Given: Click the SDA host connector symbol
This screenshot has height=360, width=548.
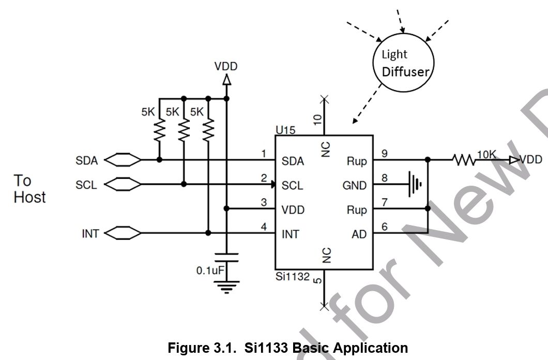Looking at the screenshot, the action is pos(123,160).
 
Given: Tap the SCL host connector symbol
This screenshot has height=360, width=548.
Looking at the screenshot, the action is pos(123,184).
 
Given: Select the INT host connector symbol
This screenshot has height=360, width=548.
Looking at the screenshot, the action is pos(123,233).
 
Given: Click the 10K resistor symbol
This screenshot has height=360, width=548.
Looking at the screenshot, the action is pos(464,160).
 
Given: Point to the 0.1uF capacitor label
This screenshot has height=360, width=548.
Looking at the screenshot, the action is pos(210,270).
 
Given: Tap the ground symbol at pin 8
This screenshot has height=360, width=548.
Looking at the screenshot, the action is pos(415,184).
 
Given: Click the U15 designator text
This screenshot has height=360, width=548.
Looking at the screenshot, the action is pos(285,130).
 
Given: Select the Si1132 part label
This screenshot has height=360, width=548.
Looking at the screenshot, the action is pos(293,277).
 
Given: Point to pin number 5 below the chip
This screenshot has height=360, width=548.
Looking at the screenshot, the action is pos(317,280).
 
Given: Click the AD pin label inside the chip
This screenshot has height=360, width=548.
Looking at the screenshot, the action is pos(359,234).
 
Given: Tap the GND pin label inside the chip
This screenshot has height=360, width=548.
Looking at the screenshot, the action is pos(354,185).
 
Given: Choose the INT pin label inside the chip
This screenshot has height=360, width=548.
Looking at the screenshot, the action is pos(291,234).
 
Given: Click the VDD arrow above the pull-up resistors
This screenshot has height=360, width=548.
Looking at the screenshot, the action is pos(226,80).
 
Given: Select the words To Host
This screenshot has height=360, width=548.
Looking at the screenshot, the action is pos(29,189).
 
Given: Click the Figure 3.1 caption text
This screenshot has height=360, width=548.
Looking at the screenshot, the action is pos(287,348).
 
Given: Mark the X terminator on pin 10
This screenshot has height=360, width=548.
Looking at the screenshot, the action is pos(324,100).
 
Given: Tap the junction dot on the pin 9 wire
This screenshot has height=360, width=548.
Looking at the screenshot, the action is pos(428,160).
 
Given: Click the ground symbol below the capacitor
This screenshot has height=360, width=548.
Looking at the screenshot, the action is pos(226,287).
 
